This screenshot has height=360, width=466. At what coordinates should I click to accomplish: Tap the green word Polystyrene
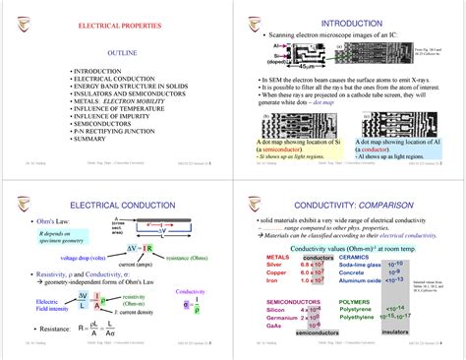pyautogui.click(x=355, y=317)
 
